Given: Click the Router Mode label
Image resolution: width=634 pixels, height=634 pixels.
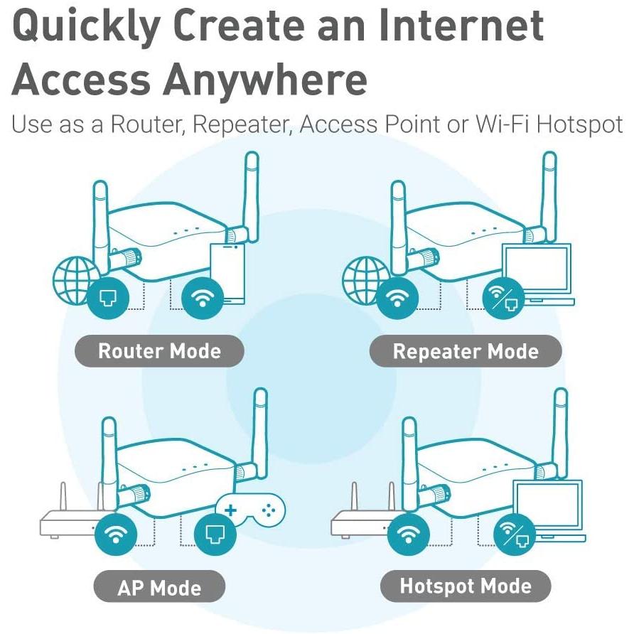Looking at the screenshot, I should [x=159, y=351].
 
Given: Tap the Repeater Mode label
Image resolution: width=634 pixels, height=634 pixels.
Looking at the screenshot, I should [x=466, y=351].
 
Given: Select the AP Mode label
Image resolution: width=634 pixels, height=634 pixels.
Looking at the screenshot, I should [x=159, y=588].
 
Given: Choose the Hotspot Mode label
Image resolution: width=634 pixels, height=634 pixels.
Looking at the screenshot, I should [x=466, y=586].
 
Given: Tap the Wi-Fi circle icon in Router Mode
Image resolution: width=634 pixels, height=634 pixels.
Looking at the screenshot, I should [x=203, y=298].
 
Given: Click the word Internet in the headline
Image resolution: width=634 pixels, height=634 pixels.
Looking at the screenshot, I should [x=462, y=27].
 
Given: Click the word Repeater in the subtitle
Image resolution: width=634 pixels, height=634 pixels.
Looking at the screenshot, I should [x=243, y=124].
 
